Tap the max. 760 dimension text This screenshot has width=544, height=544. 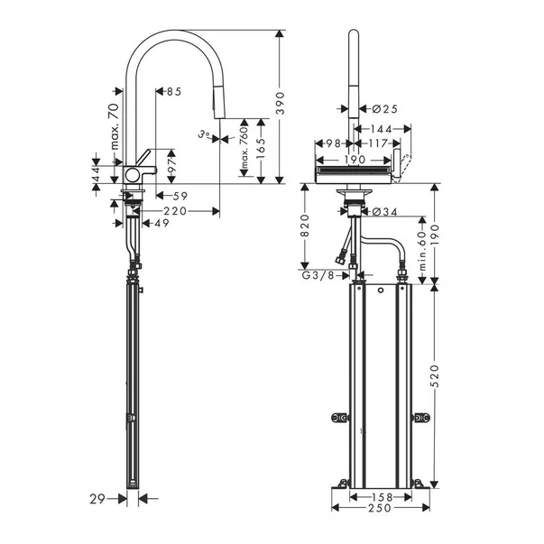[x=243, y=151]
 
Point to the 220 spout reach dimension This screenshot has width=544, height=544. [x=175, y=211]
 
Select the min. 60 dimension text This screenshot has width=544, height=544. [x=420, y=244]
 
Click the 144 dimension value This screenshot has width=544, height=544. [x=379, y=129]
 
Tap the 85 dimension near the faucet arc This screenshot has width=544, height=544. [x=172, y=92]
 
